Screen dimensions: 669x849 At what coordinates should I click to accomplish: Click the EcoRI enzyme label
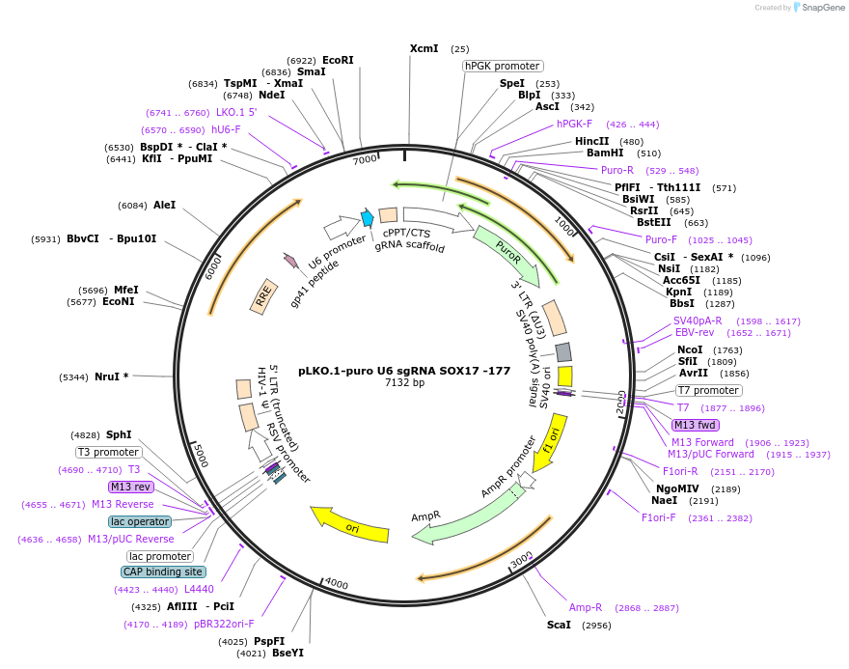[338, 60]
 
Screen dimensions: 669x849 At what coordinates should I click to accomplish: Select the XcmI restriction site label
[424, 48]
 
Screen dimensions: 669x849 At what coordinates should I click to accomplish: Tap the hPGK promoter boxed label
[502, 66]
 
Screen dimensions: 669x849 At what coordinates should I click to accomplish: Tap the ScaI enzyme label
[559, 625]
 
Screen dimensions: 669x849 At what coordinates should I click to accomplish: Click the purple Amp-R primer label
[586, 607]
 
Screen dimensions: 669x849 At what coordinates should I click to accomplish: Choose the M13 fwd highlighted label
[696, 425]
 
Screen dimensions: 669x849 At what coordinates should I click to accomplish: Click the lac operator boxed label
[140, 521]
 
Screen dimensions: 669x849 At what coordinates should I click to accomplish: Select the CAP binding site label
[163, 571]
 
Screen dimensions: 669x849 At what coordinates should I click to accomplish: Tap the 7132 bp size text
[404, 383]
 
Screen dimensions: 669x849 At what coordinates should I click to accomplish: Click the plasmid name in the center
[404, 370]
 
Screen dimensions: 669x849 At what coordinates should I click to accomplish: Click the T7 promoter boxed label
[708, 391]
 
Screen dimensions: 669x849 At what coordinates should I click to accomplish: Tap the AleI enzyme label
[164, 205]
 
